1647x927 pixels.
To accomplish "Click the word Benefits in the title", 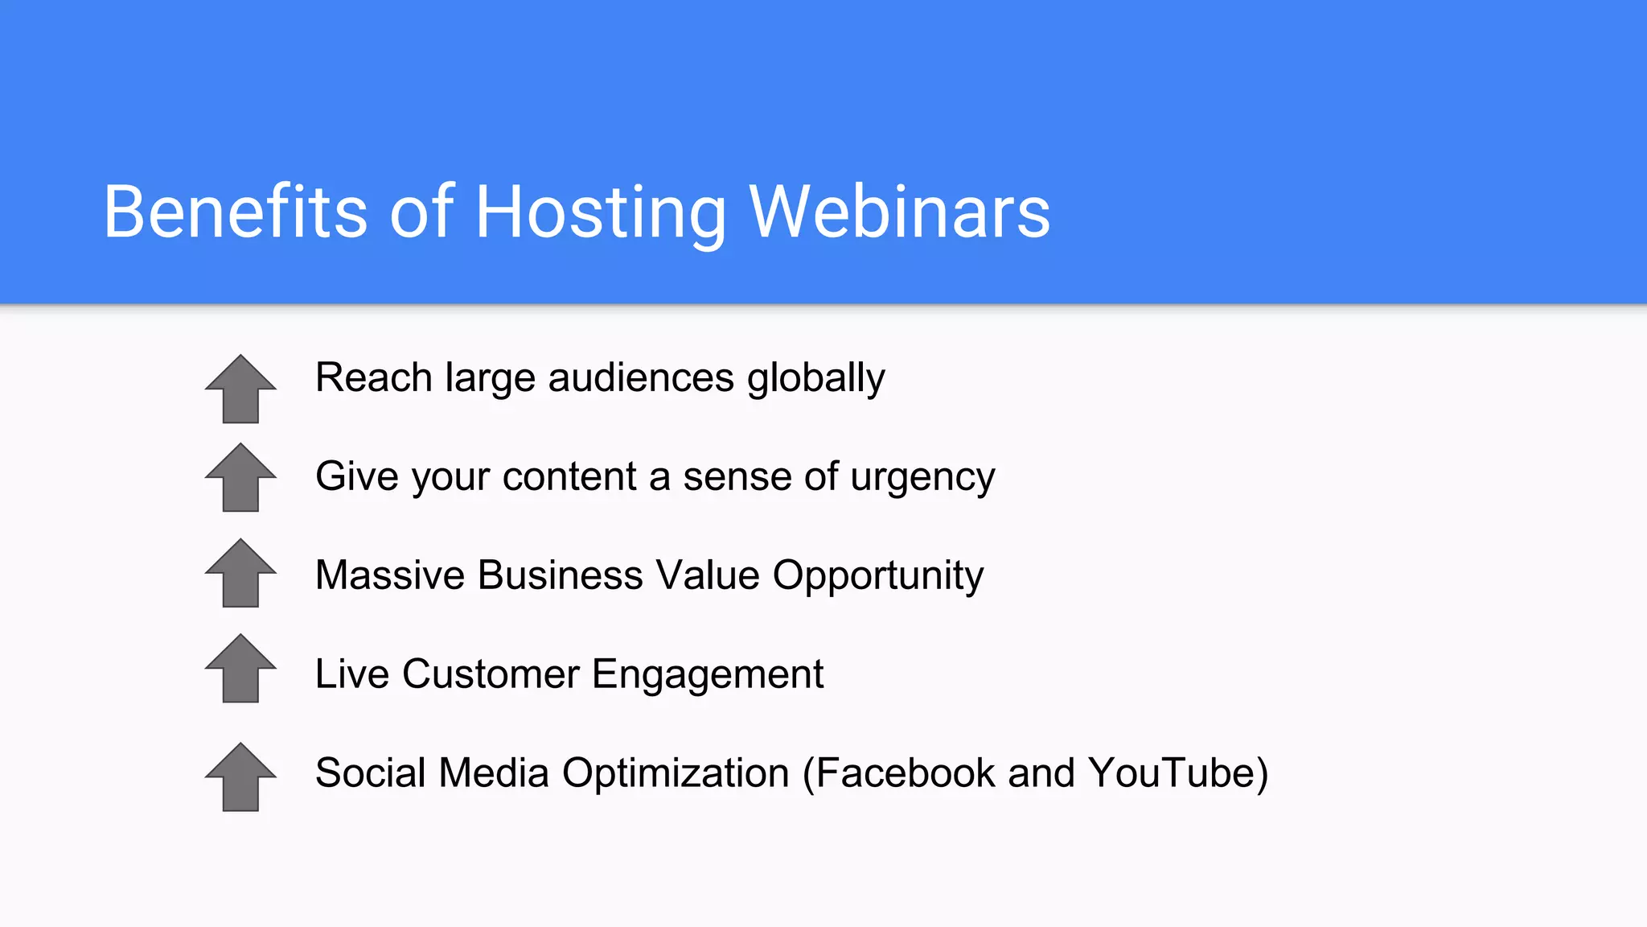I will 235,212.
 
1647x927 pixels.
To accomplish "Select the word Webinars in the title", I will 899,212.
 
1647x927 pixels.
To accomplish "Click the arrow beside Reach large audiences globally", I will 240,389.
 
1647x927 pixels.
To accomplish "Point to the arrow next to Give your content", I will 240,478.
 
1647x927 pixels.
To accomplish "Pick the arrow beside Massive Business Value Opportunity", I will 240,574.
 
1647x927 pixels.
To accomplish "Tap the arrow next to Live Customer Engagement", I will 240,669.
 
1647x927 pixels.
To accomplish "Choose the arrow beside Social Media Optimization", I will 240,777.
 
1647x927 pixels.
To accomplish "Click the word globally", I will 815,379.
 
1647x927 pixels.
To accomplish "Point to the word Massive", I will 390,575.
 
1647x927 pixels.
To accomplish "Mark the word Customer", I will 491,674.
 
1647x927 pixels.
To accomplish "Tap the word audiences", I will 641,378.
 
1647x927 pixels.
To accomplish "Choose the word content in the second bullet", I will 569,476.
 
